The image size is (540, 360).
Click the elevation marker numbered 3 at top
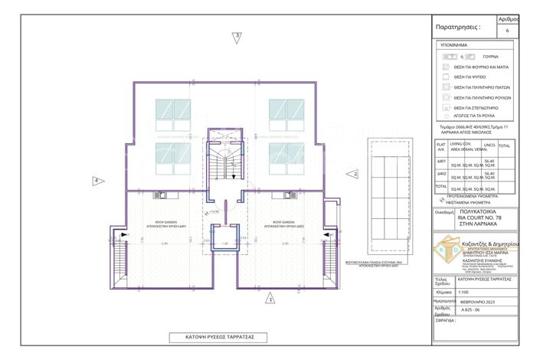tap(237, 36)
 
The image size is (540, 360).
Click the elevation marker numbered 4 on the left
tap(97, 181)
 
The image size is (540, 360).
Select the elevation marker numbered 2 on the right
tap(355, 174)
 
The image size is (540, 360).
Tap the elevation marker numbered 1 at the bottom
tap(270, 299)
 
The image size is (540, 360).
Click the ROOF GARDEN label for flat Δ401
tap(167, 224)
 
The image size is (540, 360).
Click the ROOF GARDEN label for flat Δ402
tap(273, 224)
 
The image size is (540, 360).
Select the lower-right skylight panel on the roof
tap(288, 159)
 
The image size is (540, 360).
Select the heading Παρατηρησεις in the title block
tap(458, 26)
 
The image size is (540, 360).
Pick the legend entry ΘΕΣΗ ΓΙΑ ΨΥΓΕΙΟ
tap(471, 78)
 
